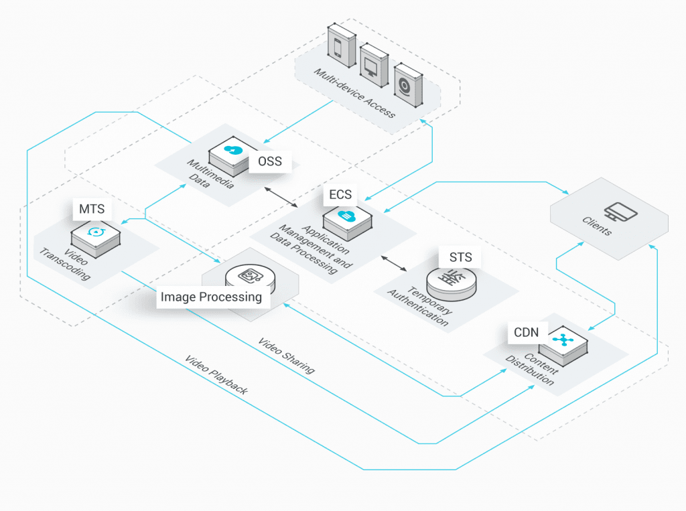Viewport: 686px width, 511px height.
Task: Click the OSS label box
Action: point(270,161)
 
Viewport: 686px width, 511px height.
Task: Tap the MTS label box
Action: point(92,209)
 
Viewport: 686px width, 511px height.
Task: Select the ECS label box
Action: point(340,195)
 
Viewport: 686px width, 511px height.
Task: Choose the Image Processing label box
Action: point(211,297)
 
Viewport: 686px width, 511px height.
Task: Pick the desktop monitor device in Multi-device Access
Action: point(372,66)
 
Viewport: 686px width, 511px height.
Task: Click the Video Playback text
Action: point(216,376)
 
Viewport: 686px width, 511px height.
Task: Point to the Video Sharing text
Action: point(286,356)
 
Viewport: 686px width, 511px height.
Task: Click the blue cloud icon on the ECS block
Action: point(348,216)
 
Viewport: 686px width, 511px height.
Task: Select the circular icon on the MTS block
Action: point(97,232)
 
